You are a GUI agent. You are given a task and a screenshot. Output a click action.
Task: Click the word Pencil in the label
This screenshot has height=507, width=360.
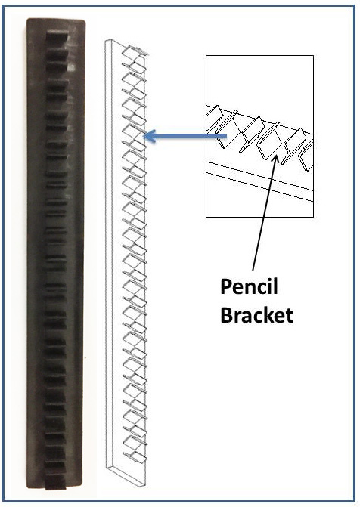pyautogui.click(x=250, y=289)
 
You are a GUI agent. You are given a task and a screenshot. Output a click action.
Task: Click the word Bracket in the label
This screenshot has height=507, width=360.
pyautogui.click(x=257, y=314)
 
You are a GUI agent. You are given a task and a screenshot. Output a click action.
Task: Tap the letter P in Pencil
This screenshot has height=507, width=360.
pyautogui.click(x=226, y=289)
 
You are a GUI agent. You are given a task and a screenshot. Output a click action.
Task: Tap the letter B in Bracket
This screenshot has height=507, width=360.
pyautogui.click(x=226, y=314)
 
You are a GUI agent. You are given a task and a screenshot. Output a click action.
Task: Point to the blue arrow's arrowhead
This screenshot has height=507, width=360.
pyautogui.click(x=148, y=137)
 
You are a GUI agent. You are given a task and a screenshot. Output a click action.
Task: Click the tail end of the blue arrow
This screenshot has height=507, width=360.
pyautogui.click(x=227, y=137)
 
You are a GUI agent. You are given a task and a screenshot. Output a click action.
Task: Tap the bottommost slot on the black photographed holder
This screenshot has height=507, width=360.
pyautogui.click(x=57, y=478)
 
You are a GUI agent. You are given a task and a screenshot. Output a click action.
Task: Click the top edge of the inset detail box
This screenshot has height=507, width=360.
pyautogui.click(x=259, y=55)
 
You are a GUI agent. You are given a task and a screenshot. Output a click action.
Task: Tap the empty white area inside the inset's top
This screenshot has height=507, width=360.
pyautogui.click(x=259, y=79)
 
